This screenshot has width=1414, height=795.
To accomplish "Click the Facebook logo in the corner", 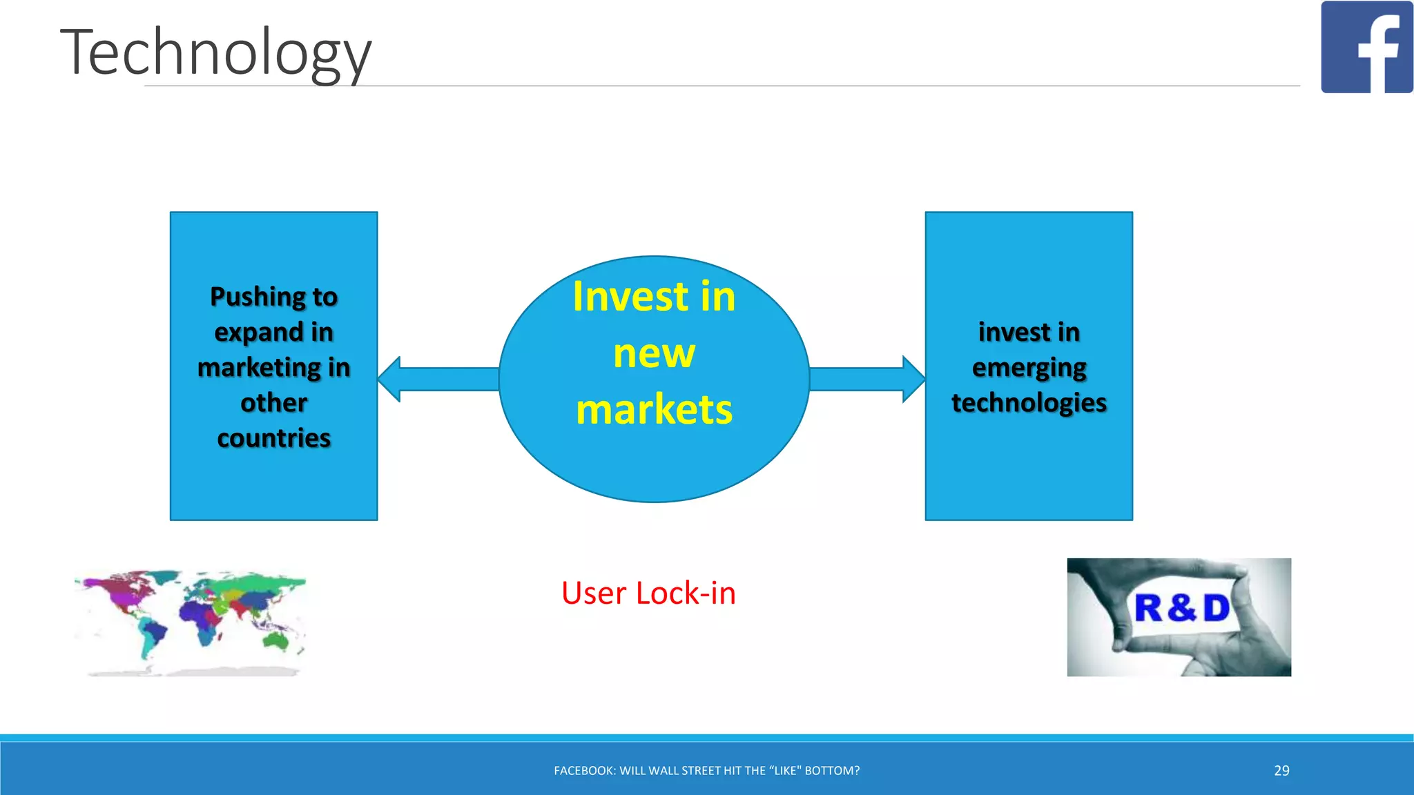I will [1366, 47].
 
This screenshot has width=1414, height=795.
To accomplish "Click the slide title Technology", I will [215, 52].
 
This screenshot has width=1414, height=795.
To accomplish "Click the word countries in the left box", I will [274, 438].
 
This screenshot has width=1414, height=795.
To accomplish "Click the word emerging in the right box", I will [1029, 368].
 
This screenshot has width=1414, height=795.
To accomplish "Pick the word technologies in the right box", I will [1029, 402].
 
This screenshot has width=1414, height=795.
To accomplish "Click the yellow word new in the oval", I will [654, 353].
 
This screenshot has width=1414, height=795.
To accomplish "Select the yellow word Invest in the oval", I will [630, 297].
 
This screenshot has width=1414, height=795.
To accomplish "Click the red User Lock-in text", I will [648, 593].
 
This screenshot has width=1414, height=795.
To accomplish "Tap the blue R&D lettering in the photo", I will [1182, 608].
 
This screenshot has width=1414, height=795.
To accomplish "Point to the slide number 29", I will [1281, 770].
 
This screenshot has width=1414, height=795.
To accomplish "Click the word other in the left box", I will [274, 403].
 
